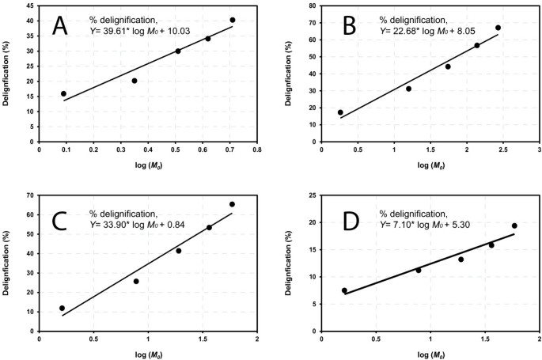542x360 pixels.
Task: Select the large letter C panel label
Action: [x=62, y=214]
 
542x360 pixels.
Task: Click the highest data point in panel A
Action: [x=232, y=20]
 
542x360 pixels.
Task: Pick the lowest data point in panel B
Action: [x=340, y=112]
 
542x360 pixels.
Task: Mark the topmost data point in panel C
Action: [x=232, y=204]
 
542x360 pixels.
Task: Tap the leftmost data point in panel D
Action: [x=344, y=290]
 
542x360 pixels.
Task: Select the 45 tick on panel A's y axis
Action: [x=30, y=7]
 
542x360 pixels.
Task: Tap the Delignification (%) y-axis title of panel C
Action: [x=7, y=263]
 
